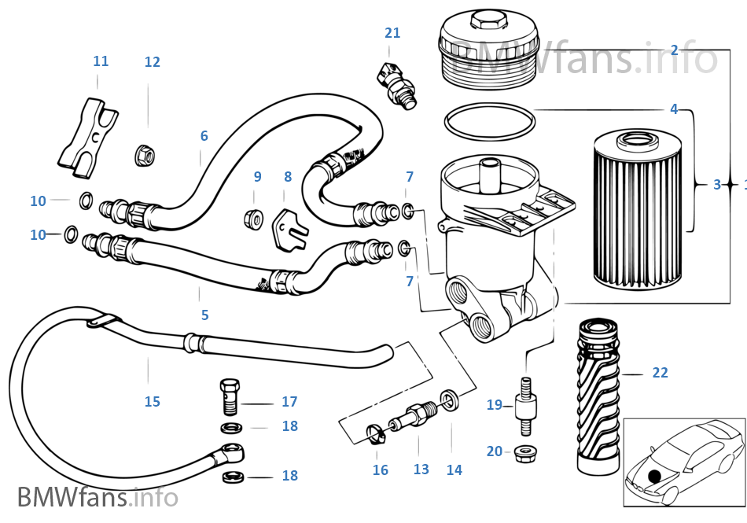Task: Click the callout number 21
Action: (x=392, y=33)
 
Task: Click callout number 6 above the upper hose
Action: (x=204, y=135)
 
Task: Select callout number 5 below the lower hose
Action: (x=204, y=315)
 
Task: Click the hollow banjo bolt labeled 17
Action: (x=229, y=395)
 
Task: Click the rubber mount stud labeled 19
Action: (x=526, y=407)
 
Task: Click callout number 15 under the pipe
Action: (x=152, y=402)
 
